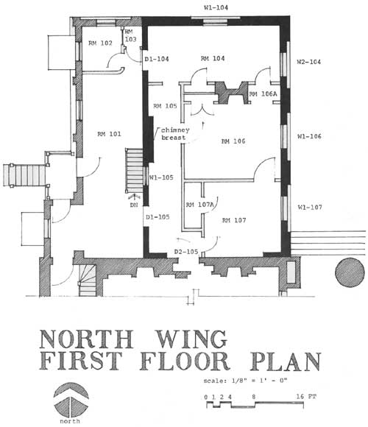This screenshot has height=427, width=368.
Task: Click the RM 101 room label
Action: point(109,134)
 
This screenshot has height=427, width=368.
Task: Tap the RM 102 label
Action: point(100,43)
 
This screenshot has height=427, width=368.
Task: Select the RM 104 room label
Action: point(213,58)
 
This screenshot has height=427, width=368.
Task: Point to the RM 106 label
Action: point(233,141)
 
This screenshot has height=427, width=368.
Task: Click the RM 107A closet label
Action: point(199,205)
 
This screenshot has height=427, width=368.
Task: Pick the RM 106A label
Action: point(263,94)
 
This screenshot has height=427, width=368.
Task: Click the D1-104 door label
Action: point(157,59)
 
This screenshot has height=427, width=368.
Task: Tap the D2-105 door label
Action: point(186,252)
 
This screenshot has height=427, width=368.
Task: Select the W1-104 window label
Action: point(216,7)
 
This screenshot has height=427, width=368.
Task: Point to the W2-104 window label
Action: point(308,62)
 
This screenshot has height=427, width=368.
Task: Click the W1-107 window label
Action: point(310,207)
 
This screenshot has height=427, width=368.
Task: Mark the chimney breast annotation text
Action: point(175,134)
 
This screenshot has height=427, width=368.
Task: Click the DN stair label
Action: point(134,205)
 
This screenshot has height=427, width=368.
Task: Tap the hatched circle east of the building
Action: point(350,272)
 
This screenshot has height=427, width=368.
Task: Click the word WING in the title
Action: point(192,339)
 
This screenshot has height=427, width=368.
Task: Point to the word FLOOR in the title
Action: point(185,361)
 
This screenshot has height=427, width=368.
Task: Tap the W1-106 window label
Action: point(309,136)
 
